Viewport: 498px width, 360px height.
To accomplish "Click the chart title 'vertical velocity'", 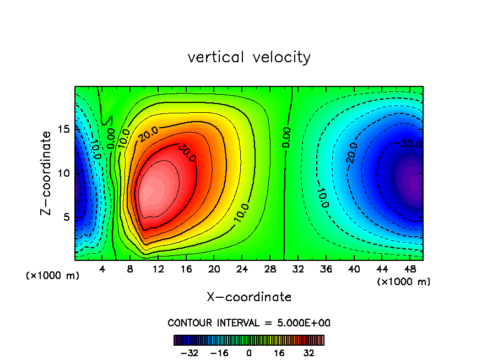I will click(x=249, y=57).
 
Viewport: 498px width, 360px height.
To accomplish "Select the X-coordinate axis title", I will click(x=249, y=297).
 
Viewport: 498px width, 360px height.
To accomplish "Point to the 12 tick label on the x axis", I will click(x=158, y=270).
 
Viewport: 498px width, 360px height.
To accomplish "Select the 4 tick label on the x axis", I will click(x=102, y=270).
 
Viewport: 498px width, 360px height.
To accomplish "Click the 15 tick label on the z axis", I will click(x=63, y=129).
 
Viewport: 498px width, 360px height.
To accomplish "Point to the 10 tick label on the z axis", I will click(x=63, y=173).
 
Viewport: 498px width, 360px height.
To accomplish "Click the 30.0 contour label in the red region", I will click(x=187, y=154).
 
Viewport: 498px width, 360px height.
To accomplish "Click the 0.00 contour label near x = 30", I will click(x=286, y=138).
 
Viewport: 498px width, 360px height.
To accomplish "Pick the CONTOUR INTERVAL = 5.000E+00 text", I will click(x=249, y=323).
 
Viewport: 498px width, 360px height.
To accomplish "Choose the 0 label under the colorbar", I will click(x=249, y=353).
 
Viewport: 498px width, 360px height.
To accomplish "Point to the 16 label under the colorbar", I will click(x=279, y=353).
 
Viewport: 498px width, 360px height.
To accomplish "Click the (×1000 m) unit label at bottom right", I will click(x=404, y=282).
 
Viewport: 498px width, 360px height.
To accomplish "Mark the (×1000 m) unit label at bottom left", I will click(x=53, y=276).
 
